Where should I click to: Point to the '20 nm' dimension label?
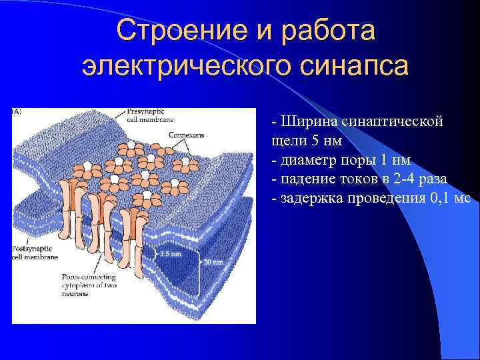(213, 261)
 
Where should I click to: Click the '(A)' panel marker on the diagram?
(17, 112)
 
